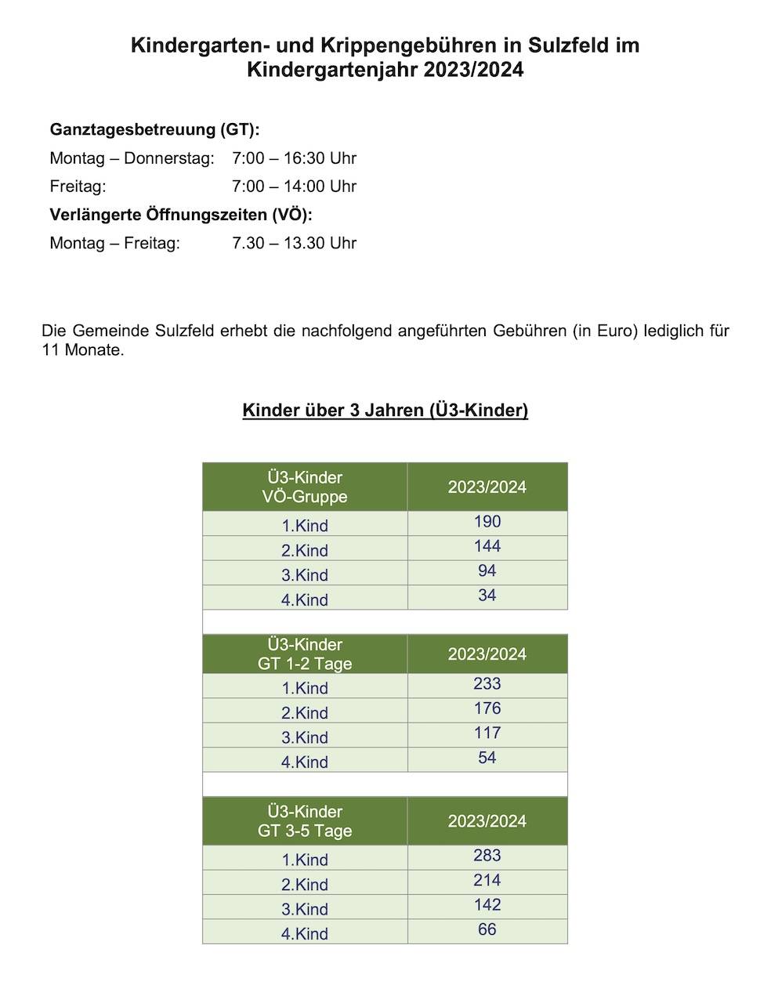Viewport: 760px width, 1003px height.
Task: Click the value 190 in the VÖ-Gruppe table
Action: click(487, 522)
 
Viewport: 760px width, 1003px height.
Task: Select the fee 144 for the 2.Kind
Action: click(487, 547)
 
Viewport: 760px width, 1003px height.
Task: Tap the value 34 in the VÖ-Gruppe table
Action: click(487, 596)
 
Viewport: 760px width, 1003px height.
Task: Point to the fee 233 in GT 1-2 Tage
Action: click(487, 684)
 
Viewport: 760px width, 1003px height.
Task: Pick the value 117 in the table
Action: click(487, 733)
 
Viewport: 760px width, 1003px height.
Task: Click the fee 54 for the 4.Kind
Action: click(487, 758)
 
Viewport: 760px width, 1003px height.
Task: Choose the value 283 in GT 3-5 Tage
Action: click(487, 856)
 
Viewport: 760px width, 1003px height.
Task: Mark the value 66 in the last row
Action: click(487, 929)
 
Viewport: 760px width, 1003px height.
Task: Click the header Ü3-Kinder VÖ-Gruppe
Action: click(305, 487)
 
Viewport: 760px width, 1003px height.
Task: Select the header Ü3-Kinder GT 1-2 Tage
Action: click(305, 654)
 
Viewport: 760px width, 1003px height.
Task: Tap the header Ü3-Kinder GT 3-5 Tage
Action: click(305, 821)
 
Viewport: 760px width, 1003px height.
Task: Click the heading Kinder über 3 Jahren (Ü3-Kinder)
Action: click(385, 410)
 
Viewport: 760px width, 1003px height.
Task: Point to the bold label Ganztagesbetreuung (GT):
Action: click(154, 129)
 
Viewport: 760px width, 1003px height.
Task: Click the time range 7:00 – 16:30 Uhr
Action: click(294, 158)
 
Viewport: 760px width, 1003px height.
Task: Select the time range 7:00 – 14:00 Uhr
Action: click(294, 186)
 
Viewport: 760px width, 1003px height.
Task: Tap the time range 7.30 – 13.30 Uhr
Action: click(294, 243)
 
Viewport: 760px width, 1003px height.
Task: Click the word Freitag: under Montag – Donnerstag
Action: click(78, 186)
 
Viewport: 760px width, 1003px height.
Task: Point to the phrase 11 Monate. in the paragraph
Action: click(83, 350)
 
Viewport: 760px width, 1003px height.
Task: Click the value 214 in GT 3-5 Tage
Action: click(487, 880)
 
